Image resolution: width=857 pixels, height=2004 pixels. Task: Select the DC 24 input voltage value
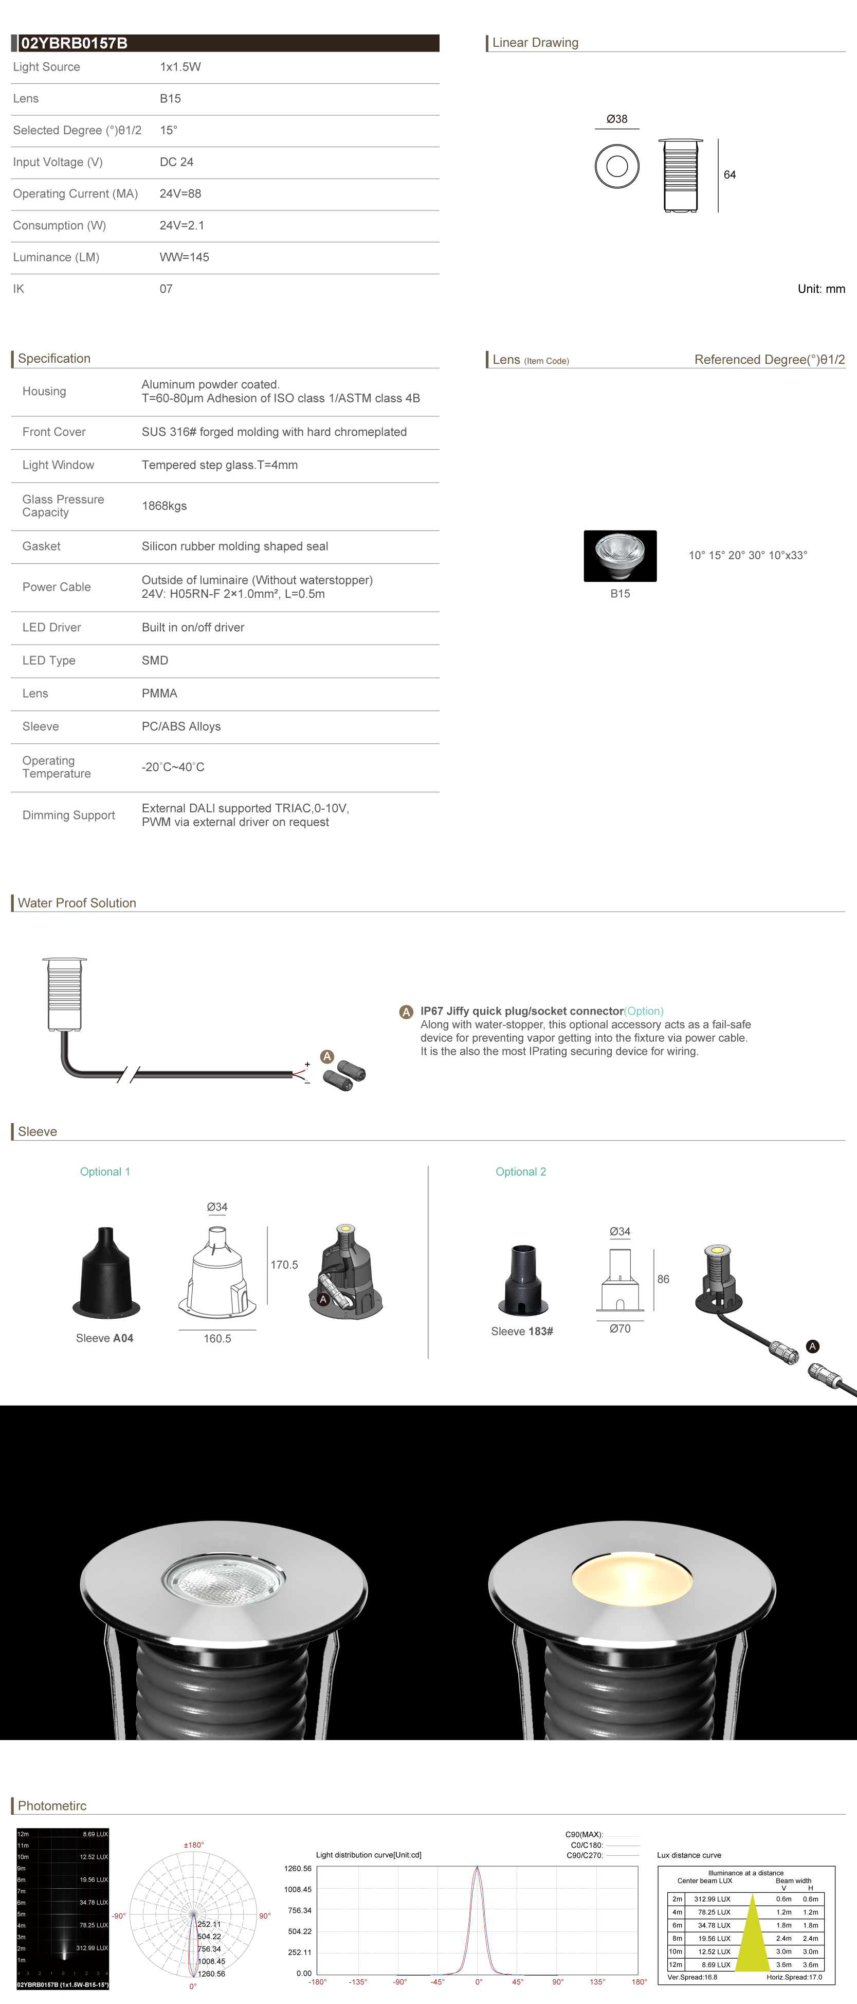176,162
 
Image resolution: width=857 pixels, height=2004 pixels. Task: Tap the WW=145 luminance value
185,257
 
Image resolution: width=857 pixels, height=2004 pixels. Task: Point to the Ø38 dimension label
617,119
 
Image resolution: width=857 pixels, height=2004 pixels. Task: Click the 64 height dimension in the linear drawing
730,175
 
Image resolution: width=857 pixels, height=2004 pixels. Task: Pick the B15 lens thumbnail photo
620,556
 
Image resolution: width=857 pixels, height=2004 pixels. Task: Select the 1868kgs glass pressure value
164,506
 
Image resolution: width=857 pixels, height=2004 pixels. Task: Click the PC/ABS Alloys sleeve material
181,726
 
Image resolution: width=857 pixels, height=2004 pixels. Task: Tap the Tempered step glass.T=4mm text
220,465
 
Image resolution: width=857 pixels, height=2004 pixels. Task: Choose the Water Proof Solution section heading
77,903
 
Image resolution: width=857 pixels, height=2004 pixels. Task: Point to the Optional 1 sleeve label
105,1172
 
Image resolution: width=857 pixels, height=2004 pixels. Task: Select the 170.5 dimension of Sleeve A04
284,1265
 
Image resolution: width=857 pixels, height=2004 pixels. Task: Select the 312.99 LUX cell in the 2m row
713,1899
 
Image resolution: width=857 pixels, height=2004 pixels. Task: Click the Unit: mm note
820,289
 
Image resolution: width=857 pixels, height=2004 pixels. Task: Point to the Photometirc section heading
52,1805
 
